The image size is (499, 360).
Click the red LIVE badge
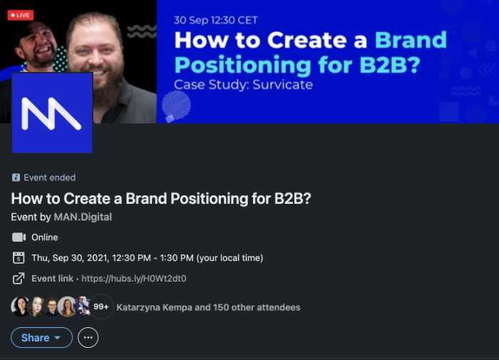(x=21, y=15)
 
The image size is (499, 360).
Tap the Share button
(x=41, y=337)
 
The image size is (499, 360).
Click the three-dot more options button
(x=88, y=337)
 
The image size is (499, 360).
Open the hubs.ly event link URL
(x=134, y=279)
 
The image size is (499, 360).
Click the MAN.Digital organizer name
(x=83, y=217)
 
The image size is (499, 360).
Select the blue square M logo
(x=52, y=113)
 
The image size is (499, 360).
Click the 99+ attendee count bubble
(x=101, y=307)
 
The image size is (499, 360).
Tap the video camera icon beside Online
(x=19, y=237)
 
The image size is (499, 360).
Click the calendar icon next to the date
(x=19, y=258)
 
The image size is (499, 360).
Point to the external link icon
(x=19, y=279)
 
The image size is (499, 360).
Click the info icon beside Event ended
(x=16, y=178)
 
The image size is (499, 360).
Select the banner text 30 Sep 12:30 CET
(x=215, y=20)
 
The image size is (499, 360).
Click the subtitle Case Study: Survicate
(x=244, y=85)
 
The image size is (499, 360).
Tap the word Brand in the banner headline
(x=411, y=40)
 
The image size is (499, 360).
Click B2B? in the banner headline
(x=390, y=65)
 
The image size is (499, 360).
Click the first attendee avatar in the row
(x=21, y=307)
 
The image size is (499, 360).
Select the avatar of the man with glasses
(x=52, y=307)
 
